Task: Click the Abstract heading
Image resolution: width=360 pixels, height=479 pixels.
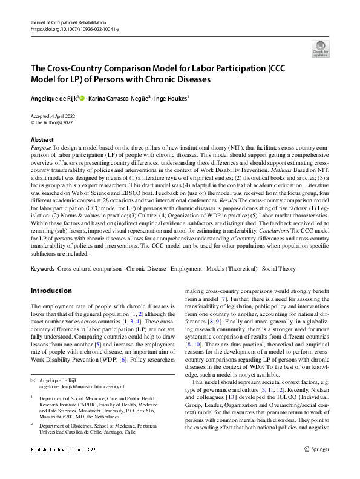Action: click(42, 139)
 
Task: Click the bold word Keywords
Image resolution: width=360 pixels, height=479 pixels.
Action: click(42, 268)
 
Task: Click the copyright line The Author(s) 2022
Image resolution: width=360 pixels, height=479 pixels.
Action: click(56, 122)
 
